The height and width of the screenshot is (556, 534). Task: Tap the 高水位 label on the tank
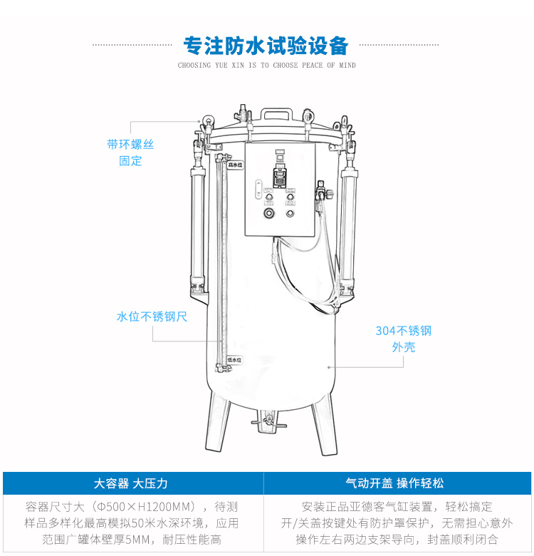click(x=235, y=165)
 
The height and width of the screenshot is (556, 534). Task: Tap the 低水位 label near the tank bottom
click(x=234, y=361)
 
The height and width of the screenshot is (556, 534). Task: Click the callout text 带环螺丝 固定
click(x=130, y=152)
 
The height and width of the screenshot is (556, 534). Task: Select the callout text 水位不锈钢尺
click(x=152, y=316)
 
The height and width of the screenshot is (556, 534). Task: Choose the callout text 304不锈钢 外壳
click(x=403, y=339)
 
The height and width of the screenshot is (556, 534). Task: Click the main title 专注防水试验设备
click(x=266, y=46)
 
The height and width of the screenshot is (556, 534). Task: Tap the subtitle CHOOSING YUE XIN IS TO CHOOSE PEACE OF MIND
click(x=266, y=66)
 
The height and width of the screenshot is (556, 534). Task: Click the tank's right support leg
click(x=321, y=426)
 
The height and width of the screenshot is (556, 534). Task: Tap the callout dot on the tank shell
click(x=328, y=366)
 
